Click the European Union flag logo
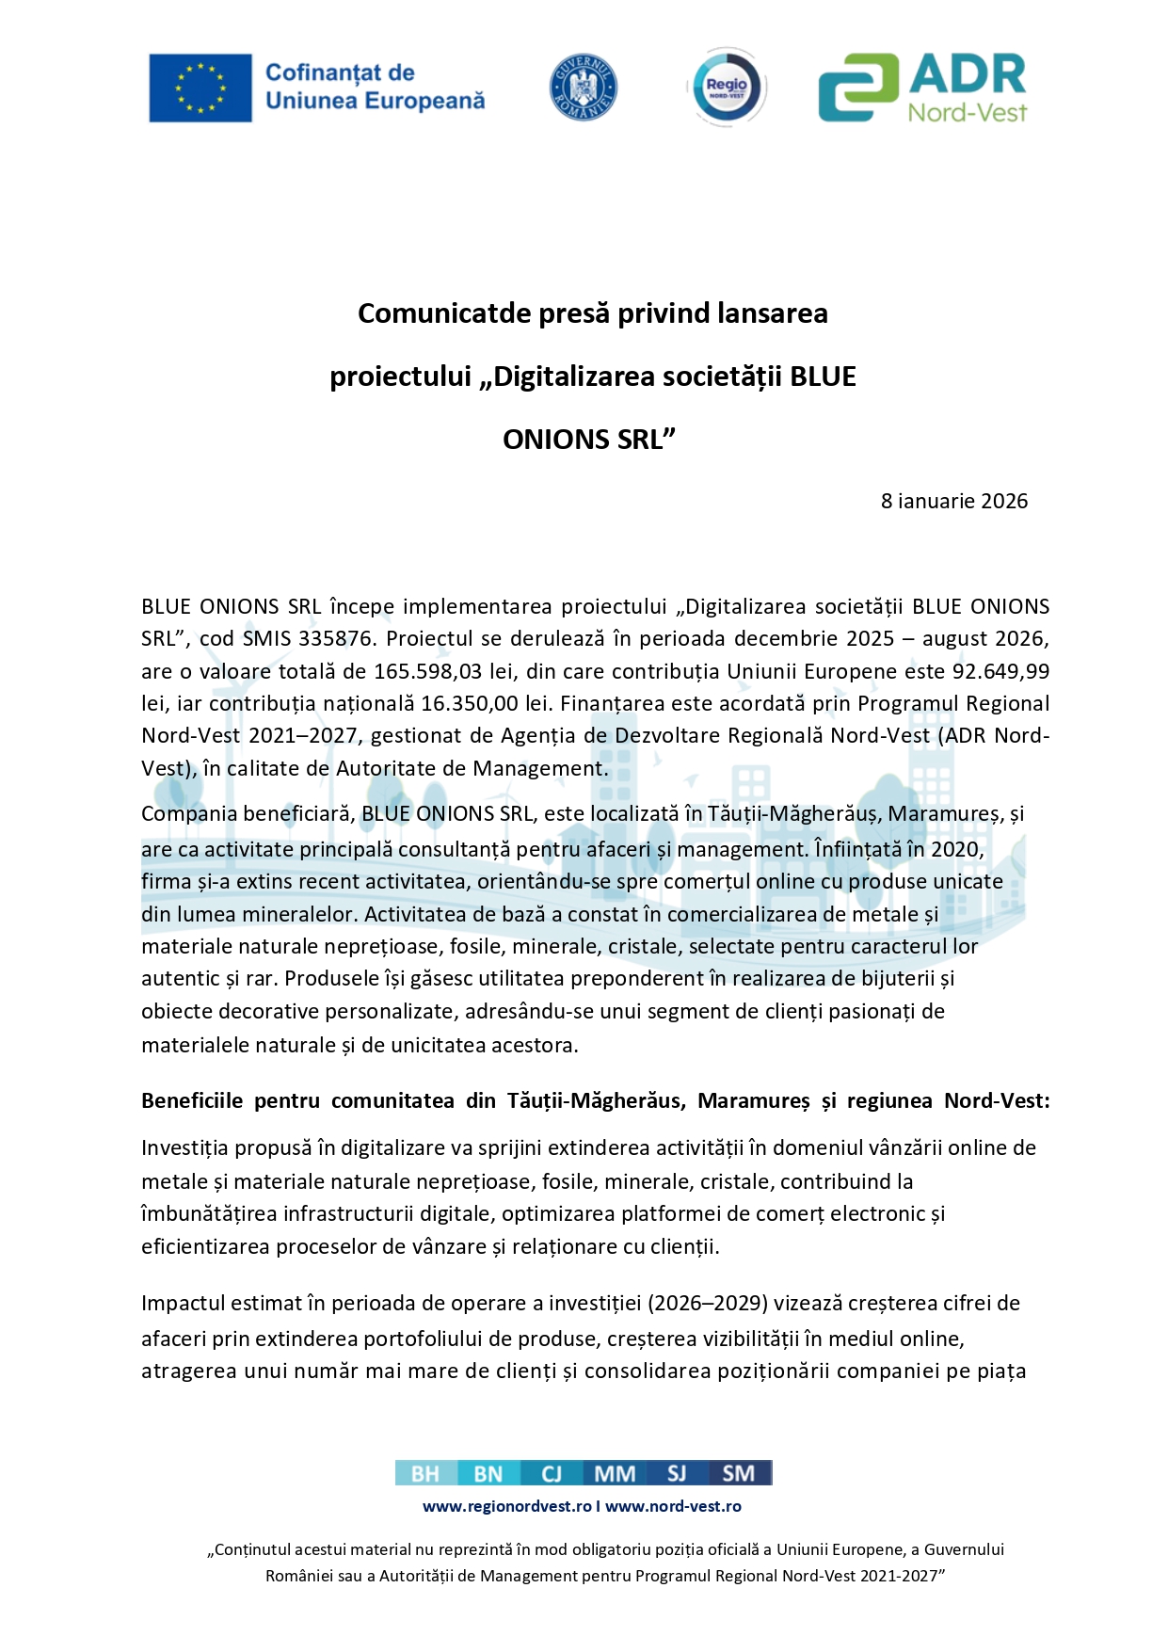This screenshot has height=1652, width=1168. [200, 88]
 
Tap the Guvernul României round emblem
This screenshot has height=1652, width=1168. [583, 88]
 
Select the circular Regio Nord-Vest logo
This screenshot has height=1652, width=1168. [727, 88]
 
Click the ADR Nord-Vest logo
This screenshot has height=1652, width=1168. [922, 88]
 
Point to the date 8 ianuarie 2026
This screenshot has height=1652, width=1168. [953, 501]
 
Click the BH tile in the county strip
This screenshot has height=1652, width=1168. [425, 1473]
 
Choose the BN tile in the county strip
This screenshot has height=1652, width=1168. [488, 1473]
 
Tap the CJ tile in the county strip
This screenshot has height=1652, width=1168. [551, 1473]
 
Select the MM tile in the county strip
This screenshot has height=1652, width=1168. [615, 1473]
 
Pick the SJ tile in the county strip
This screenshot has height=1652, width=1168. [676, 1473]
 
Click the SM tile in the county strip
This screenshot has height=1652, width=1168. [739, 1473]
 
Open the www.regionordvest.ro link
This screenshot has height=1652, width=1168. [506, 1506]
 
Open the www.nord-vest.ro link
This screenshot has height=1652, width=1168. [673, 1506]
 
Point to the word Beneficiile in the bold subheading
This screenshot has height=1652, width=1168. [192, 1100]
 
